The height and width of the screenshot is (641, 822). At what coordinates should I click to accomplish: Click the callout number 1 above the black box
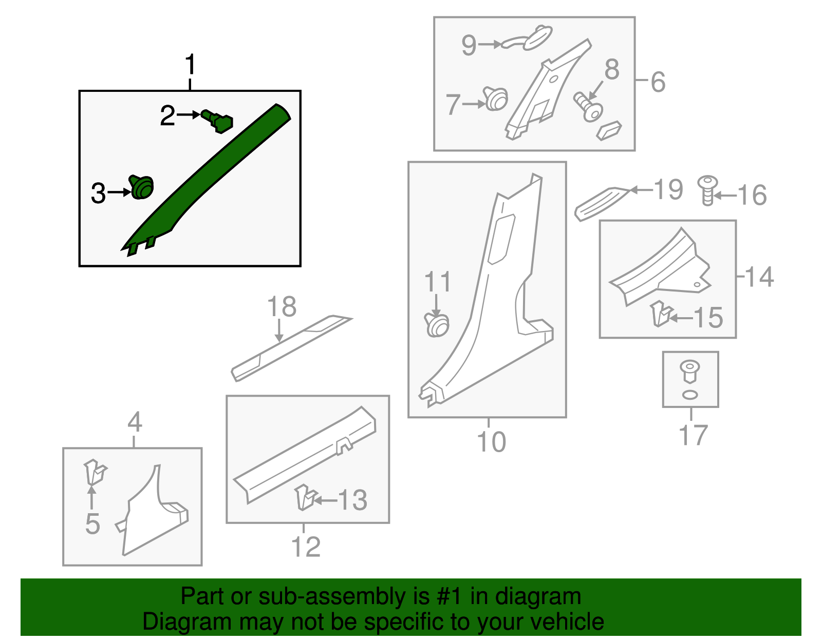click(191, 65)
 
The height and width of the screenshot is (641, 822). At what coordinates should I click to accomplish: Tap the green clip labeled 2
click(218, 121)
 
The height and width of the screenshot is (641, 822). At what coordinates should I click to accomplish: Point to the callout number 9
click(469, 45)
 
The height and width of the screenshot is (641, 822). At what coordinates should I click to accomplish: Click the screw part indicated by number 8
click(588, 106)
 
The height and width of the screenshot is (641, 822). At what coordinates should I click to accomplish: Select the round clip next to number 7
click(496, 99)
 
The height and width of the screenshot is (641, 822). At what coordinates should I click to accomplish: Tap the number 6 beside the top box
click(658, 82)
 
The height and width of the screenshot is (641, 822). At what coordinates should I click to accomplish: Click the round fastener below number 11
click(437, 325)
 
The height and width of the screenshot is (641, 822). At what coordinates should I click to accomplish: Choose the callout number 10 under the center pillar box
click(492, 441)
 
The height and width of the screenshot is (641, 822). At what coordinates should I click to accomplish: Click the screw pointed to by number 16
click(708, 190)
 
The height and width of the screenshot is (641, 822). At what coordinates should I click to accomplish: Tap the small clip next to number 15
click(661, 314)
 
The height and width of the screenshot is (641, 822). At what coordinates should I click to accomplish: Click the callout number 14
click(759, 277)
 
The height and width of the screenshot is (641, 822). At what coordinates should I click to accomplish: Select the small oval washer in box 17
click(690, 394)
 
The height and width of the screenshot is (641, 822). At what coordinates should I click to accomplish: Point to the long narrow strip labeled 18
click(290, 347)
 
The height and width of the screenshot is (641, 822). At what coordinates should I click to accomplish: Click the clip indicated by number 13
click(305, 498)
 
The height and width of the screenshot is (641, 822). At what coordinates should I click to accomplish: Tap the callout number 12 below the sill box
click(306, 547)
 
